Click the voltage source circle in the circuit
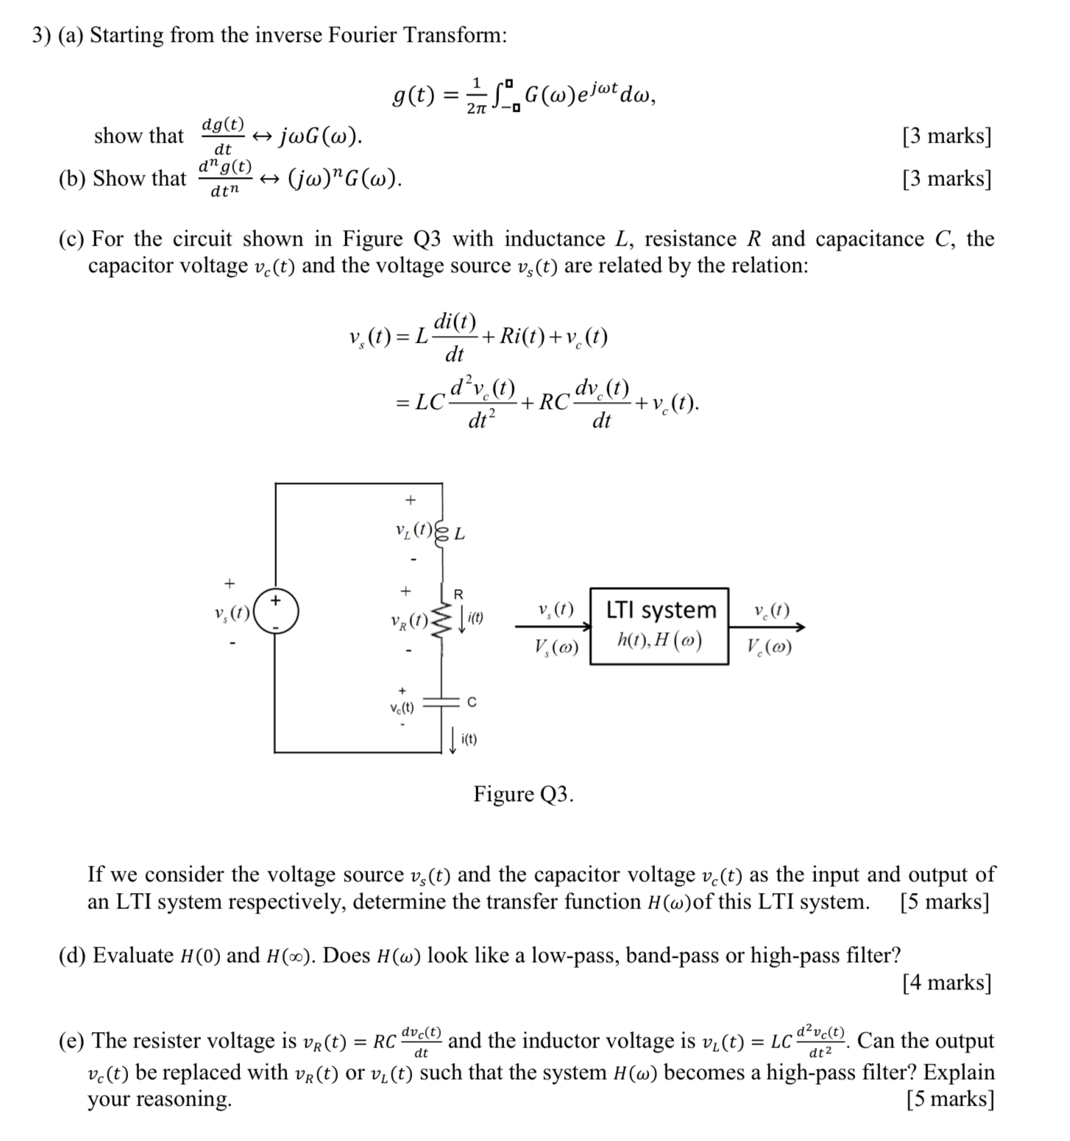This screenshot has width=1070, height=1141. point(277,612)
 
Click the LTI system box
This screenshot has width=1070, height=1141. point(659,626)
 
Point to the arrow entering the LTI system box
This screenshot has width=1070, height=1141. point(552,627)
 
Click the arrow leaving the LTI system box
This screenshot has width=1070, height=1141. point(767,628)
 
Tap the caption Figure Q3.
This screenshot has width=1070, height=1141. point(523,795)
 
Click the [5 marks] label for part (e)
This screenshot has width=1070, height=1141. point(950,1099)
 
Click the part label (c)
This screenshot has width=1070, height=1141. point(72,239)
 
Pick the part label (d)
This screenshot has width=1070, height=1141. point(73,956)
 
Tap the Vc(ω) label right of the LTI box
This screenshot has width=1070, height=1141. point(770,647)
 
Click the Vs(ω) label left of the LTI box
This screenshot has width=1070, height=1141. point(556,647)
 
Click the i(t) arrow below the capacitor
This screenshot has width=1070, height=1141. point(453,739)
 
